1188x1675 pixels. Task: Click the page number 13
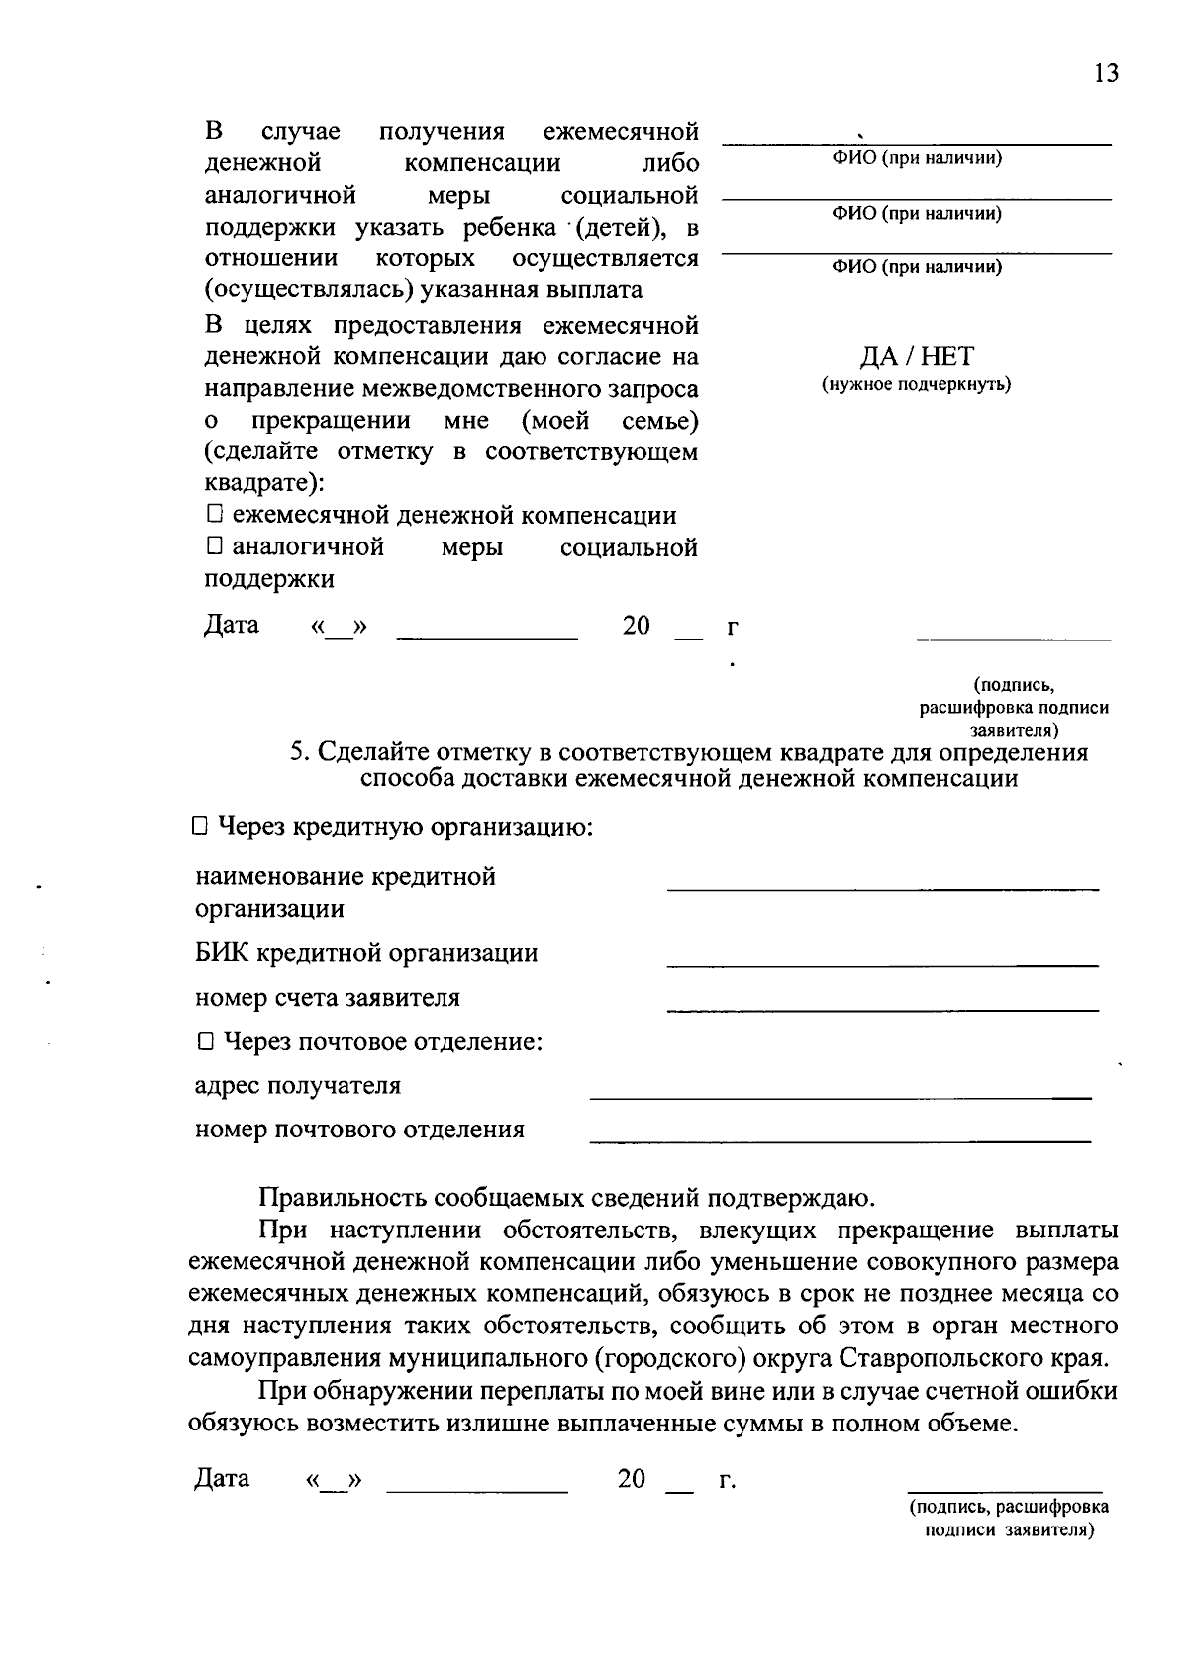tap(1106, 74)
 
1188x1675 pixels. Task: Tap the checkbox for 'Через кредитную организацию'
tap(198, 825)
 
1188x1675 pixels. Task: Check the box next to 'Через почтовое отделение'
tap(204, 1041)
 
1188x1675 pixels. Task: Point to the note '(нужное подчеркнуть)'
tap(916, 384)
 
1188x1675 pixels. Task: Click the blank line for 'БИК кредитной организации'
tap(882, 963)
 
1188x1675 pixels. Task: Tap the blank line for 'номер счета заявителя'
tap(882, 1009)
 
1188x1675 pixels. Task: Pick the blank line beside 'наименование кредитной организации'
tap(882, 889)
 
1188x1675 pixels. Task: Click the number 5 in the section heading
tap(296, 752)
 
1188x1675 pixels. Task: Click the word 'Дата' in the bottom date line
tap(222, 1478)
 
